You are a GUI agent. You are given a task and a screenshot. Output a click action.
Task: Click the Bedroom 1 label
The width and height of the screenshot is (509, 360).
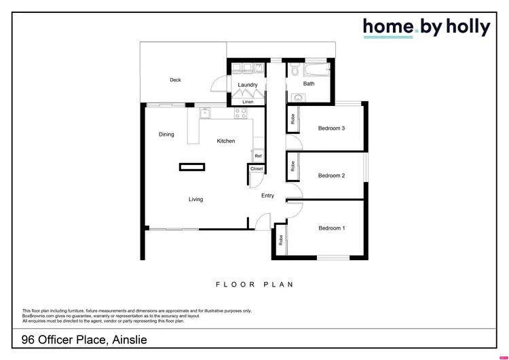(x=332, y=228)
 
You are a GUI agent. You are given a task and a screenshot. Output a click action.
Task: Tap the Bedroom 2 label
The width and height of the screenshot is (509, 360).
(x=332, y=176)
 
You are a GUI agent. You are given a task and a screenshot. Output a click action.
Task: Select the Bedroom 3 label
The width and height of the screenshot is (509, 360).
(x=332, y=128)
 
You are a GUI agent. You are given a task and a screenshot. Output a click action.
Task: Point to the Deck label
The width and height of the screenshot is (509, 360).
(x=175, y=80)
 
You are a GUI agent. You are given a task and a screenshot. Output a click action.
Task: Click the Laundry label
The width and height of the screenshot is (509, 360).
(x=248, y=85)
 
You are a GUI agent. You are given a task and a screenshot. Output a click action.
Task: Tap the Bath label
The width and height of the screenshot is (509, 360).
(x=309, y=84)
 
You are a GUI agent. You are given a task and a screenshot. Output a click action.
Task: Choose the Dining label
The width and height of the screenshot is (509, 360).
(x=166, y=134)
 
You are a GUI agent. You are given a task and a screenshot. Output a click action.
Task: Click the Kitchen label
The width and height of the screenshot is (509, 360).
(x=226, y=141)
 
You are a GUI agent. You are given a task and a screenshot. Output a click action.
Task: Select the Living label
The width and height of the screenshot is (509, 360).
(x=195, y=200)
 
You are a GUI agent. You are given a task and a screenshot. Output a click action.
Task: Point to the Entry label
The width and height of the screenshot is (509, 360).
(x=268, y=196)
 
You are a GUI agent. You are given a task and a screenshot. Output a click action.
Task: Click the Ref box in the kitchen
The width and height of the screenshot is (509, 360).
(x=258, y=156)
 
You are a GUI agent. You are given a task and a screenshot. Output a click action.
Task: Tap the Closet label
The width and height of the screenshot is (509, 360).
(x=257, y=168)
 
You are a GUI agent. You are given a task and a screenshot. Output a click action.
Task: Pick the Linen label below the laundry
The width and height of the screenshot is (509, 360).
(x=248, y=102)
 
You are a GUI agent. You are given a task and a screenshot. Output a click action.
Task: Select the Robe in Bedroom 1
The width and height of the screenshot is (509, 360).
(x=280, y=240)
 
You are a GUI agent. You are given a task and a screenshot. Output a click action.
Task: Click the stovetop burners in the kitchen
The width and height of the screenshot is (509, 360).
(x=241, y=113)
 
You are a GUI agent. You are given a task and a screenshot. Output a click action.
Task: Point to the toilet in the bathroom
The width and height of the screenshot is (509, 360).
(x=294, y=72)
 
